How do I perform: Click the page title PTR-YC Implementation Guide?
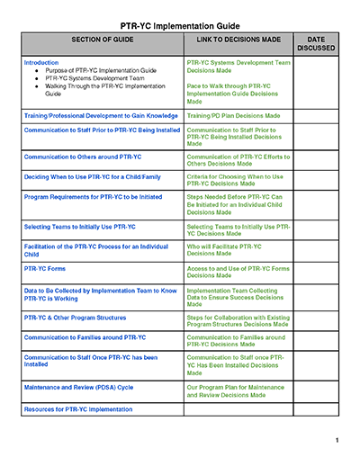point(180,27)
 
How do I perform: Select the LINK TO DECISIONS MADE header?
point(238,41)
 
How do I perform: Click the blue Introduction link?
point(41,63)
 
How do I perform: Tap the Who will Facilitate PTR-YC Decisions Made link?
point(225,249)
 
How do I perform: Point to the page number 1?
point(336,441)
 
